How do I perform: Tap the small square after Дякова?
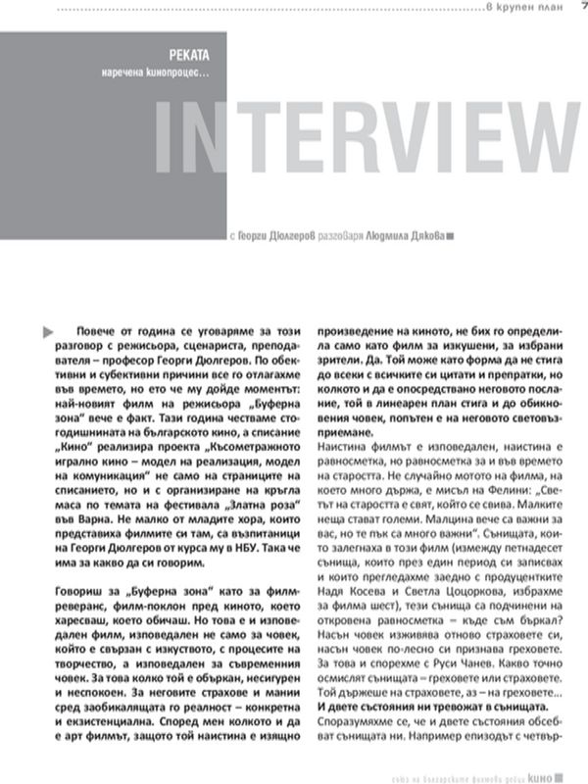coord(450,236)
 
